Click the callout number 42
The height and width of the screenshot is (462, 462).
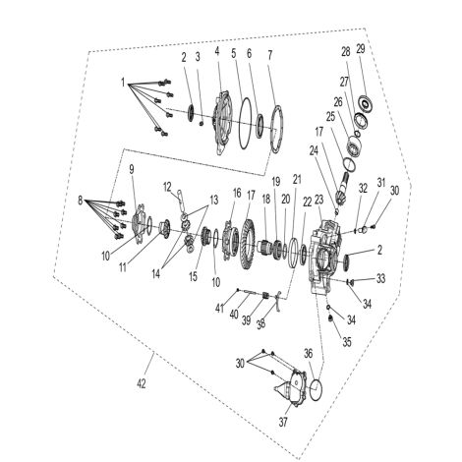[142, 383]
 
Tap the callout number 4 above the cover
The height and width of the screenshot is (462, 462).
[217, 51]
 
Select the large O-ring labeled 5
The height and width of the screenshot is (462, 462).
[246, 124]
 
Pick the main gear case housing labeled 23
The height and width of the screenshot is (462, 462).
[325, 255]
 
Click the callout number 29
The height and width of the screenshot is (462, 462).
[361, 49]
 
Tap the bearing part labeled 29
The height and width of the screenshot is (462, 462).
[365, 104]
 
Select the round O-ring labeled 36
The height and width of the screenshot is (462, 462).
[317, 389]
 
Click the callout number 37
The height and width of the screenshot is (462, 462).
[283, 422]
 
